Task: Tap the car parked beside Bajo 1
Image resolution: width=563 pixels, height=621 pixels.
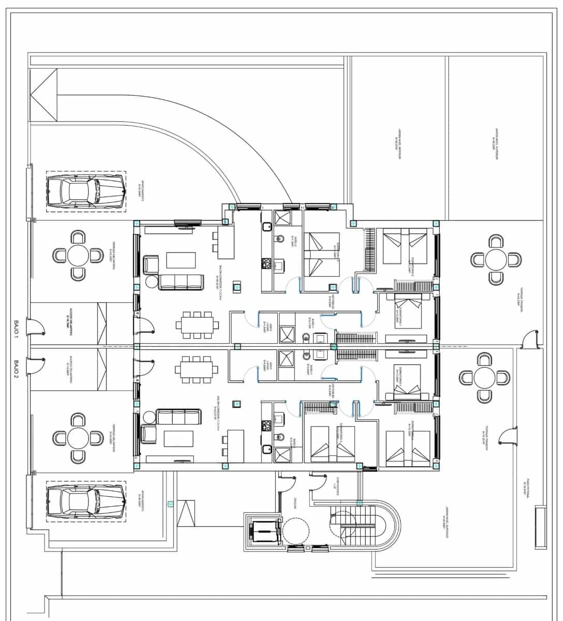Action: (x=85, y=191)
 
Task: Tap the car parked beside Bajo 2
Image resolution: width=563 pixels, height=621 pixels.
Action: (x=85, y=501)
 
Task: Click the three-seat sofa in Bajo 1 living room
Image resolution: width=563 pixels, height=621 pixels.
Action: (x=180, y=282)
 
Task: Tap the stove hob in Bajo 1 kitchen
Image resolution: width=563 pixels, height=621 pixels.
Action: (x=267, y=264)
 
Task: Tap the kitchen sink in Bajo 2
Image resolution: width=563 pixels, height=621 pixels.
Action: (x=267, y=449)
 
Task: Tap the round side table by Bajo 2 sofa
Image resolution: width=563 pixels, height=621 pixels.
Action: (x=151, y=416)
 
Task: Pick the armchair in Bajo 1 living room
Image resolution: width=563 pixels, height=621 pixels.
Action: (x=151, y=264)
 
